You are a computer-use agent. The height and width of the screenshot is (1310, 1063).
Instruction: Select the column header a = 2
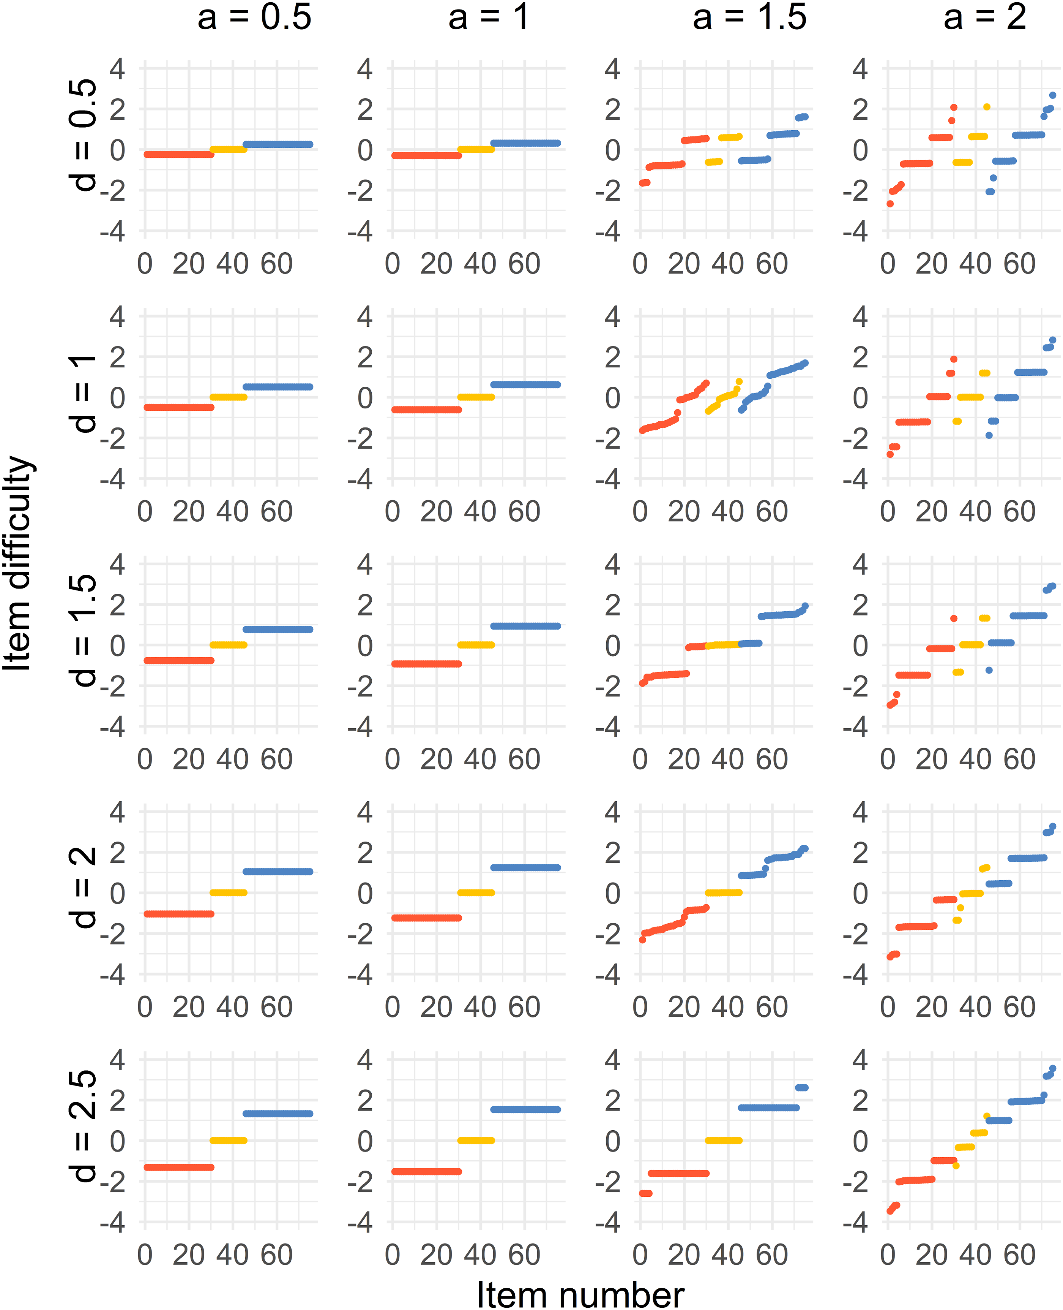[x=985, y=17]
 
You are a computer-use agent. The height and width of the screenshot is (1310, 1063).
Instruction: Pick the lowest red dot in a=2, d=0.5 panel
[x=890, y=203]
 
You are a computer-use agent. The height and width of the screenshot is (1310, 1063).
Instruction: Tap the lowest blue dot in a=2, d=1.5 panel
[x=989, y=670]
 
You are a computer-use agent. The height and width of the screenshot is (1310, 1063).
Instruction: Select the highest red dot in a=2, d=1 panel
[x=953, y=359]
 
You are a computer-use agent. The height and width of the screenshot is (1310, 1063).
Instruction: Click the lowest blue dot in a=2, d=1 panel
[x=989, y=435]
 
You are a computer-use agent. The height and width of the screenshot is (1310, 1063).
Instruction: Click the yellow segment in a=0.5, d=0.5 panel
[x=229, y=149]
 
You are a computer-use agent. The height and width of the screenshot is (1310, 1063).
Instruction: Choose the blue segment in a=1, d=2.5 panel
[x=525, y=1109]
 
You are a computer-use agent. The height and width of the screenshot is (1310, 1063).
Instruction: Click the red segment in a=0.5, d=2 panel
[x=179, y=914]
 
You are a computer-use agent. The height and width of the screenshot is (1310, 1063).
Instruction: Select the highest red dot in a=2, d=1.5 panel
[x=953, y=618]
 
